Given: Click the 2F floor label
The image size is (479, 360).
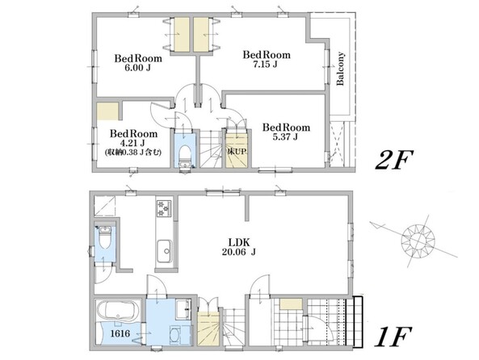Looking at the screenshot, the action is coord(394,160).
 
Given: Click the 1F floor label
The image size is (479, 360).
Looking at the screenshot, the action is coord(393,336).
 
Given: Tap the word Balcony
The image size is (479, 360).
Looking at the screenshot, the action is coord(340,69).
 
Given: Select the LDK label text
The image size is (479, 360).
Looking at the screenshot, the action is coord(239,243).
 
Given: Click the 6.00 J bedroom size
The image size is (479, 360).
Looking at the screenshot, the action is coord(137,68).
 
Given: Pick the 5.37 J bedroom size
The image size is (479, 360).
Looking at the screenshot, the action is coord(285,137).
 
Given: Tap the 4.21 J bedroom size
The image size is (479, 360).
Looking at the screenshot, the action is coord(132,143).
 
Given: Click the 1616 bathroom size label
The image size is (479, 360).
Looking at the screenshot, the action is coord(120,333).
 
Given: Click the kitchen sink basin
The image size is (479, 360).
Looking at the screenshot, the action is coord(164,251).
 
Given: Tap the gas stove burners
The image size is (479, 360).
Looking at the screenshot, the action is coord(164,208).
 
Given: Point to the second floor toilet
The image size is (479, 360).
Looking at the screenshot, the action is coord(184,155).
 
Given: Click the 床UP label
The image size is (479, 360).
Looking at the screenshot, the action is coord(237,151).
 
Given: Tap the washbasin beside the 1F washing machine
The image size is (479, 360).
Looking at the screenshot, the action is coord(183,308).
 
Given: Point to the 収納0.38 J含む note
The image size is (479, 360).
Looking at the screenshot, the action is coord(132,152).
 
